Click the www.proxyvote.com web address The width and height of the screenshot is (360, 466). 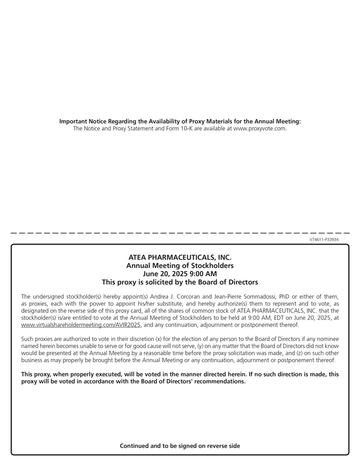259,129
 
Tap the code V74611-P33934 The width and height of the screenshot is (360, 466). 324,239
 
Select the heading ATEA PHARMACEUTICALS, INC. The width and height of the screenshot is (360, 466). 180,257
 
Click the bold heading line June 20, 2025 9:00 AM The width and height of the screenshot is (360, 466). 180,274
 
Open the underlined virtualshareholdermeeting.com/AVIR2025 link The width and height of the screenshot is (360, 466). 81,325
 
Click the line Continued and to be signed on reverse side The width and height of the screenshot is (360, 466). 180,446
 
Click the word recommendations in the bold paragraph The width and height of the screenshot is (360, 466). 221,381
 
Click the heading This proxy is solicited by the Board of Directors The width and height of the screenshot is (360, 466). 180,282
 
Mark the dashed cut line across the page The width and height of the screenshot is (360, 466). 180,232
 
